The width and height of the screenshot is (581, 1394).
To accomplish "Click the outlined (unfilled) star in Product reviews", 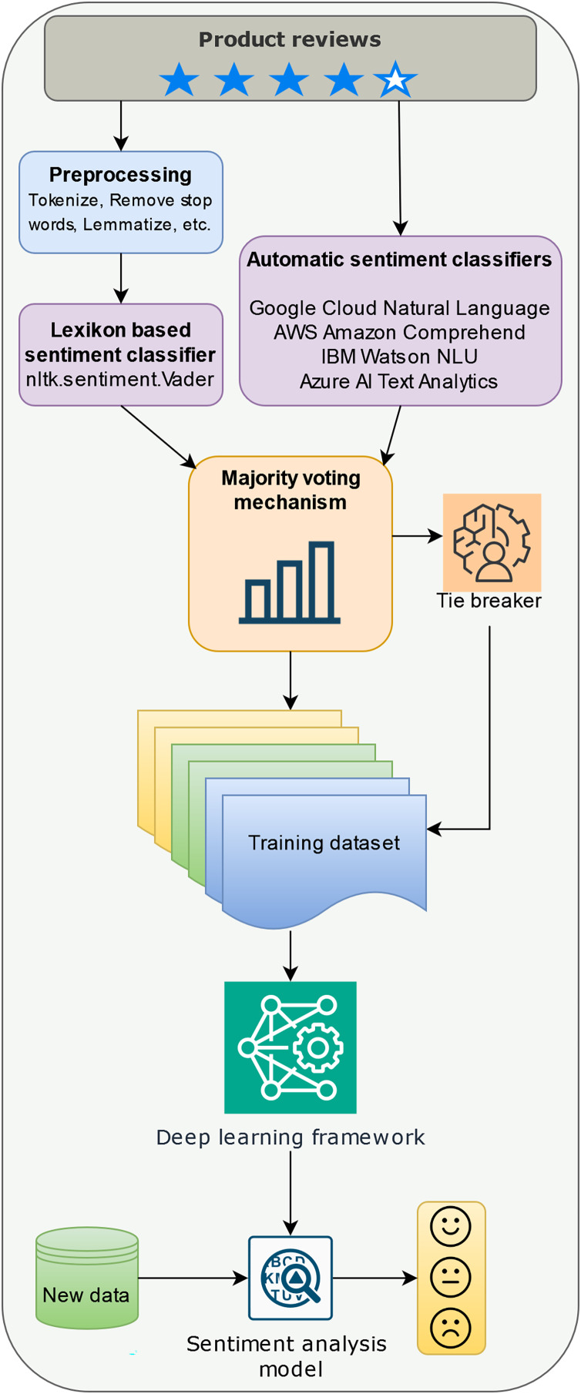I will pos(395,79).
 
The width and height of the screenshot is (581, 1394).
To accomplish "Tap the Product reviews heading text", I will pos(290,40).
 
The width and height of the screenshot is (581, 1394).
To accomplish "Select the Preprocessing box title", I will pos(121,175).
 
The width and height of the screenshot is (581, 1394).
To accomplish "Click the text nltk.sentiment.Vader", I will pos(120,379).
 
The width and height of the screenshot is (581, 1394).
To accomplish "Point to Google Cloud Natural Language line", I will pos(399,308).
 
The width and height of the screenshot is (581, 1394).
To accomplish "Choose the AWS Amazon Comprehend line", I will pos(399,333).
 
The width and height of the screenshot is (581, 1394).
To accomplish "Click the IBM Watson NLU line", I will pos(399,357).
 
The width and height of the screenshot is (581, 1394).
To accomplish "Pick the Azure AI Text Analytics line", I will pos(399,381).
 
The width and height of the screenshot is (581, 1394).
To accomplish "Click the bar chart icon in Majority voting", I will pos(290,582).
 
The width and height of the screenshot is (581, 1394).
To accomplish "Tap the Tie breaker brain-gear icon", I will pos(492,542).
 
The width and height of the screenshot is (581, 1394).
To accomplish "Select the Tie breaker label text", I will pos(489,601).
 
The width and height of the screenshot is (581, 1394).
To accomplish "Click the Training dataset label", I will pos(324,843).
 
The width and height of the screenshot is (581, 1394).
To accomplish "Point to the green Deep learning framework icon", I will pos(290,1047).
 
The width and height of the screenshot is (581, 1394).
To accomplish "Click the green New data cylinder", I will pos(87,1278).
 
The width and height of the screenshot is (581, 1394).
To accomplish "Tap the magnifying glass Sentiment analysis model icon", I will pos(290,1278).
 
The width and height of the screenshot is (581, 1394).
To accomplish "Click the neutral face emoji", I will pos(451,1278).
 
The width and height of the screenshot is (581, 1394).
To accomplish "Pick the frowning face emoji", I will pos(451,1328).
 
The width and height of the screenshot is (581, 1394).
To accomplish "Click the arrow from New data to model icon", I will pos(193,1278).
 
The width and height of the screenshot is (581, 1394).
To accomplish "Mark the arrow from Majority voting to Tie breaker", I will pos(417,536).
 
